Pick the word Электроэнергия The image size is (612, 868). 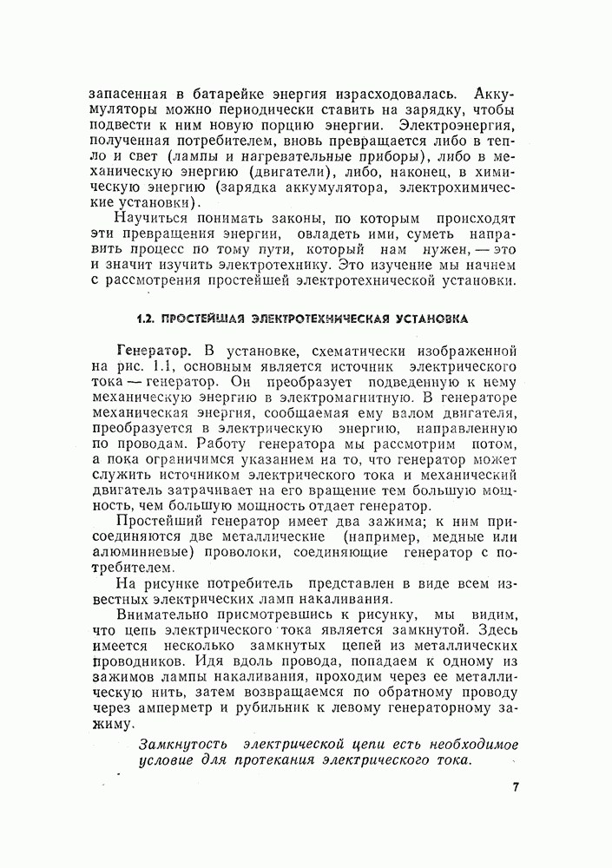[x=467, y=126]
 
